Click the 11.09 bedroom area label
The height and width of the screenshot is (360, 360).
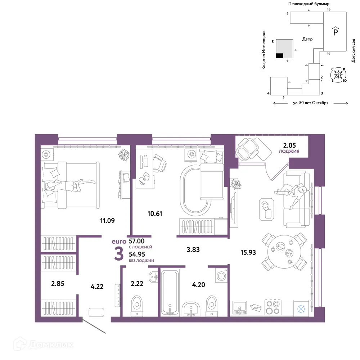pos(107,221)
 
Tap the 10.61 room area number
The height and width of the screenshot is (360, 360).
pos(155,214)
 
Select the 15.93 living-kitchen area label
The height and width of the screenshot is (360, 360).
pos(248,253)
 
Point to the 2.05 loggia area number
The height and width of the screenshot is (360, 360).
pos(289,145)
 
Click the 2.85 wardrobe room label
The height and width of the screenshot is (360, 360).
pos(58,284)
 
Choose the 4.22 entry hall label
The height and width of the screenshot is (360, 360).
pos(97,287)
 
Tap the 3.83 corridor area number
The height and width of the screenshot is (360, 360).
pos(193,249)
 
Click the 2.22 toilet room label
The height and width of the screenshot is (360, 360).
pos(137,284)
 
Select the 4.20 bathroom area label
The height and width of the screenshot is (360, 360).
pos(199,285)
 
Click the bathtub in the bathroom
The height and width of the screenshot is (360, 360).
pos(170,292)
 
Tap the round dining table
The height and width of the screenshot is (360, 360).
pos(284,252)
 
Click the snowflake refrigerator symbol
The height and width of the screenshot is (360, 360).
pos(301,309)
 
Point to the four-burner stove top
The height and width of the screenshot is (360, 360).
pos(273,307)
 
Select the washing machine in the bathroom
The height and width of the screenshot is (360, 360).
pos(221,275)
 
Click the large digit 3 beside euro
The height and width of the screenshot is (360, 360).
pos(119,255)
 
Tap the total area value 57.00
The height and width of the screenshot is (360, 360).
pos(136,241)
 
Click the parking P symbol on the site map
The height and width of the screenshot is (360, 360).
pos(336,31)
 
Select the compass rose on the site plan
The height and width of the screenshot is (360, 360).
pos(338,75)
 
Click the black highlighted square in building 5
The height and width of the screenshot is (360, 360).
pos(280,55)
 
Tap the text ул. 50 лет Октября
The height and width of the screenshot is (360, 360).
pos(311,103)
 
